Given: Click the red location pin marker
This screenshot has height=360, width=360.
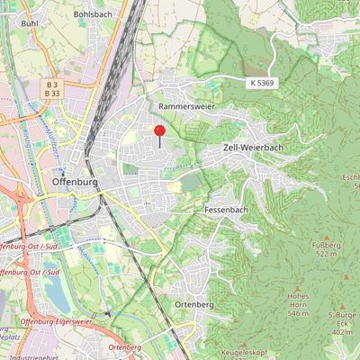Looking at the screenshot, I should pos(160,132).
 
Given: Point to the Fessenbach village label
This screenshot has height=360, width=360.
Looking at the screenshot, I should pos(226,210).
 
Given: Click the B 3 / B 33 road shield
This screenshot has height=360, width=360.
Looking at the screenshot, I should pos(52,88).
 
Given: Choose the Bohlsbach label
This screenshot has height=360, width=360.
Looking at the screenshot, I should pos(92,15).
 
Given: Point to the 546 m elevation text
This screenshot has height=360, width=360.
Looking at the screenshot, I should pos(298,313).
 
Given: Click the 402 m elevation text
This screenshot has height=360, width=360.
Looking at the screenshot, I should pos(342,332).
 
